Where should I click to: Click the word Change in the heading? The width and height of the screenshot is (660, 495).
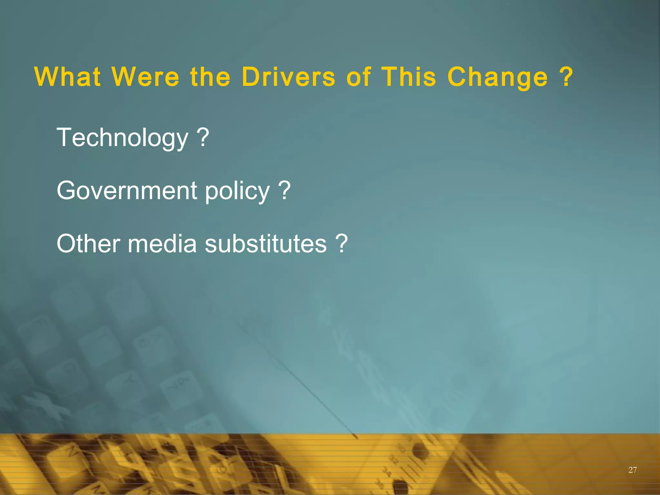[498, 77]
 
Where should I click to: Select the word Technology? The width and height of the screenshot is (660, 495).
[122, 138]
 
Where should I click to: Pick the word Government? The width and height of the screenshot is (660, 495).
[127, 190]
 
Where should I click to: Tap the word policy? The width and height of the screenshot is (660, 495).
[237, 191]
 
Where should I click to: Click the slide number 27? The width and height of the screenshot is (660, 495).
[632, 470]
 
